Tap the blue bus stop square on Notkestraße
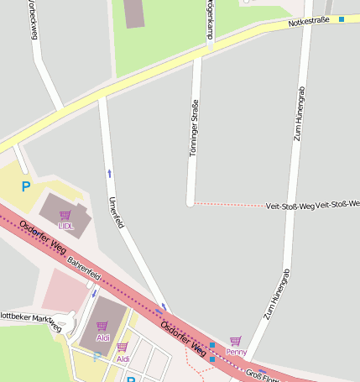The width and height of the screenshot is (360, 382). (x=342, y=18)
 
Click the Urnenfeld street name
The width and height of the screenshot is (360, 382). (x=116, y=212)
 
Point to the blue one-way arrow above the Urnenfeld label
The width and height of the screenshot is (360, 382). (x=108, y=173)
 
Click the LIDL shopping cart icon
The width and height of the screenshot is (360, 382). (x=65, y=216)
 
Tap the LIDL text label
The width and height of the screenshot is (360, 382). (x=65, y=226)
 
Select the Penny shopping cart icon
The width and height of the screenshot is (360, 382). (x=235, y=341)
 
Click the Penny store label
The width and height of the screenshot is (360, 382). (x=236, y=352)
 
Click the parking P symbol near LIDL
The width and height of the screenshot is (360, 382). (x=26, y=186)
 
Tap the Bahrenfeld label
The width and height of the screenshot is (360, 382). (x=84, y=264)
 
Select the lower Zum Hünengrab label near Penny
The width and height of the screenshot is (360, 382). (x=276, y=294)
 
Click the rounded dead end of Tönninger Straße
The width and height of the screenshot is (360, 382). (x=190, y=202)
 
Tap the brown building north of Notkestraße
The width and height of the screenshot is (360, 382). (x=134, y=13)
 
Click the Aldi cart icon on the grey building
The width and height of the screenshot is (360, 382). (x=102, y=326)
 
